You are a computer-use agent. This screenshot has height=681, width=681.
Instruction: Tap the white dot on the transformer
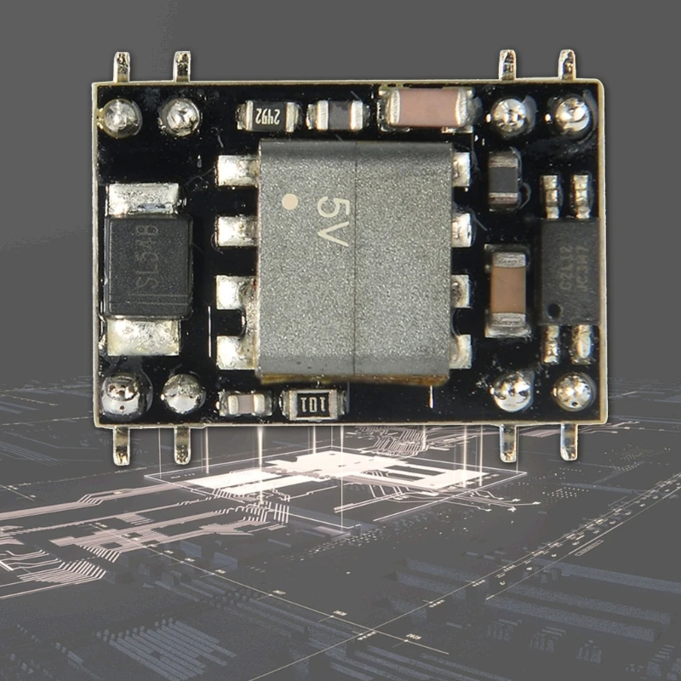pos(290,203)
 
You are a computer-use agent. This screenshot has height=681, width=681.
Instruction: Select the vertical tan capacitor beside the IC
pos(507,289)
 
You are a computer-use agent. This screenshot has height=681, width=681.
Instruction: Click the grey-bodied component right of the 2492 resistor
pos(337,116)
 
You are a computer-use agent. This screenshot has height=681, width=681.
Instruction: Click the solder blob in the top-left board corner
pos(121,117)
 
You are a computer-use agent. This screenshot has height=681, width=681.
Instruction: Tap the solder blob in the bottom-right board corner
pos(574,391)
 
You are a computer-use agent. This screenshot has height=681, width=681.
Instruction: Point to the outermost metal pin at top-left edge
pos(122,66)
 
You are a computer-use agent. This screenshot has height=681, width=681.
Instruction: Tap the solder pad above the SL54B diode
pos(144,199)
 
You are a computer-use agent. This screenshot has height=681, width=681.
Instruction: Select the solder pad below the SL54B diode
pos(143,337)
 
